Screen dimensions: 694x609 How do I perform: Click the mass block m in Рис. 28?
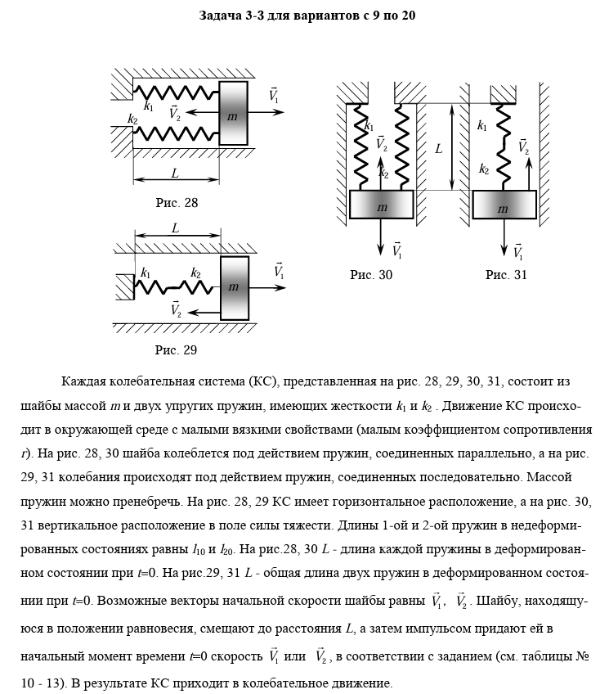pyautogui.click(x=233, y=114)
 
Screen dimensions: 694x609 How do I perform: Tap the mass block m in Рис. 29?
pyautogui.click(x=234, y=287)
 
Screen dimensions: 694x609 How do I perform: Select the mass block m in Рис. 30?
pyautogui.click(x=382, y=205)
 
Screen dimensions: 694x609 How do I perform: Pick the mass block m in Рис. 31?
pyautogui.click(x=504, y=205)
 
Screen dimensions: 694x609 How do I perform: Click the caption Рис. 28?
pyautogui.click(x=177, y=202)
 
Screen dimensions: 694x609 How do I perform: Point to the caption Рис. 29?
pyautogui.click(x=177, y=350)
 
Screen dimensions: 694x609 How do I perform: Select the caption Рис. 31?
pyautogui.click(x=506, y=275)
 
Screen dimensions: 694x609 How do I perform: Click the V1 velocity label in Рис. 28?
pyautogui.click(x=274, y=96)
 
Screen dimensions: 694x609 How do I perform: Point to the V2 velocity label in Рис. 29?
pyautogui.click(x=176, y=309)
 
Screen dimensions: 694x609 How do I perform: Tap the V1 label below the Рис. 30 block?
pyautogui.click(x=396, y=249)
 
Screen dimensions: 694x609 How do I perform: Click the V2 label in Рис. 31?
pyautogui.click(x=523, y=147)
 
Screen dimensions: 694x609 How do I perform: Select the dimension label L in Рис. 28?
pyautogui.click(x=175, y=173)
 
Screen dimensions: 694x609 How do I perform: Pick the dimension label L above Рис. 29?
pyautogui.click(x=175, y=228)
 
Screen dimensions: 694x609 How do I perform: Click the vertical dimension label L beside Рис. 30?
pyautogui.click(x=439, y=149)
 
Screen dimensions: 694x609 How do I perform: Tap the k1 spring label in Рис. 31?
pyautogui.click(x=482, y=126)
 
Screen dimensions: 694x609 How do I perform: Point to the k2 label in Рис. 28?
pyautogui.click(x=132, y=119)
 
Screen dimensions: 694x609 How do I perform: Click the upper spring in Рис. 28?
pyautogui.click(x=176, y=90)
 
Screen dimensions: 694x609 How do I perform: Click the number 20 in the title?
pyautogui.click(x=408, y=16)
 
